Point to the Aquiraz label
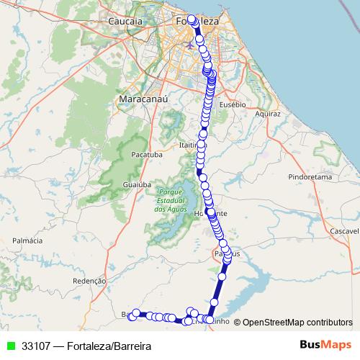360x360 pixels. pyautogui.click(x=266, y=113)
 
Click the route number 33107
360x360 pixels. pyautogui.click(x=36, y=346)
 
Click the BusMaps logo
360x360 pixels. pyautogui.click(x=326, y=346)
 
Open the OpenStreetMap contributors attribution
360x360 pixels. pyautogui.click(x=297, y=323)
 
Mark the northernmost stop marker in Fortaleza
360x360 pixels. pyautogui.click(x=192, y=19)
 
